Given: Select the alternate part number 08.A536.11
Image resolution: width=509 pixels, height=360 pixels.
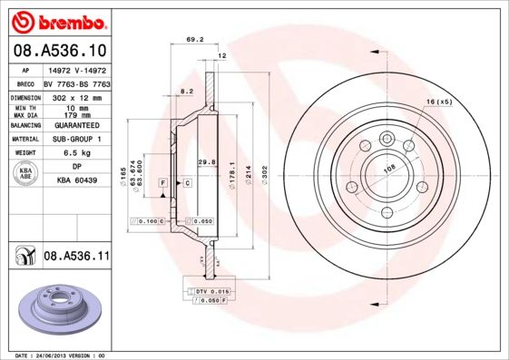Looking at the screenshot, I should [x=76, y=258].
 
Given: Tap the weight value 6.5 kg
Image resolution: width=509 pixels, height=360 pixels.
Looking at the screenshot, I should [x=78, y=153].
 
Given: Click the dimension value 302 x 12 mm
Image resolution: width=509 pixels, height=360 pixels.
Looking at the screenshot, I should [x=77, y=96].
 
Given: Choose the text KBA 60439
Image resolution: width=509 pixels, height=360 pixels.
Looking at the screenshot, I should [x=76, y=181].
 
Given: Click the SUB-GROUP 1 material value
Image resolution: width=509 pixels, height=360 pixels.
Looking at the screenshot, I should [x=78, y=139].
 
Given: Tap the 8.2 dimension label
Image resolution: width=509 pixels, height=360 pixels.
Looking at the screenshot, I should [x=187, y=92].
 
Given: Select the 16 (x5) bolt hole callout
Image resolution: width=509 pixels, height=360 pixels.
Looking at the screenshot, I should [x=439, y=102].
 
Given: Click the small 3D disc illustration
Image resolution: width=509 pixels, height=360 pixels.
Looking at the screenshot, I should [x=58, y=308].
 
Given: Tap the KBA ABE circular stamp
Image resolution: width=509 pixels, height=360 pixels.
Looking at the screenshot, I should [x=26, y=175].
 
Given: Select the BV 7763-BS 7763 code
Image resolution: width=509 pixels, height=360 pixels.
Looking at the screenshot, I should [x=77, y=82].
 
